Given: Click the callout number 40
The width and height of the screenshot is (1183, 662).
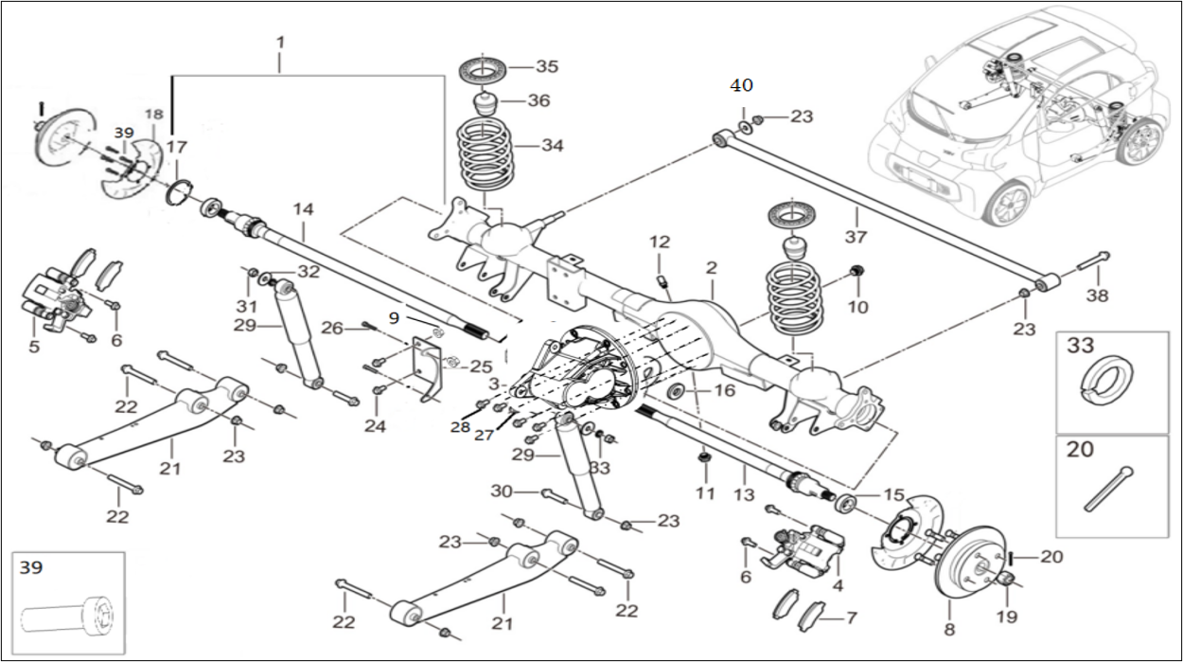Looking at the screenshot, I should [741, 85].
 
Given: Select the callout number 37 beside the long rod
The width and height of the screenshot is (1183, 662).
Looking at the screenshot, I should [856, 237].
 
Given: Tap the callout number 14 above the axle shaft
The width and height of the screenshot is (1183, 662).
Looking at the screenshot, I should [302, 208].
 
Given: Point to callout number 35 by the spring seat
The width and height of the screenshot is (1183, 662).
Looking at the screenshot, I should [547, 67].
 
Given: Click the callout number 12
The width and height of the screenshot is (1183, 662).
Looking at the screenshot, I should [659, 242].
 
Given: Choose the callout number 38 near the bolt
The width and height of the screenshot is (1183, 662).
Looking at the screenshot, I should [1096, 295].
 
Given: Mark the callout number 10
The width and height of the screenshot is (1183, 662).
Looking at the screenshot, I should [857, 307].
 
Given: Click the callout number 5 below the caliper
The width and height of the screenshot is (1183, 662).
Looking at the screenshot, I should [34, 347].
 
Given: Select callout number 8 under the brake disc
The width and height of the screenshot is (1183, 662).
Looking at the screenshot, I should [949, 629].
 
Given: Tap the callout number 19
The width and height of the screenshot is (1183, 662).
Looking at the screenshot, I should [1006, 617].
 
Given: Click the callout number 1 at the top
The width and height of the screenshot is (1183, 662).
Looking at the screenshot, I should [280, 43].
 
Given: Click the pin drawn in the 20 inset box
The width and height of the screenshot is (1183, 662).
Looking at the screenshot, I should [1110, 487].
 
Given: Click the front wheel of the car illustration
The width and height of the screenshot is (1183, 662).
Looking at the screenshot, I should [1012, 203].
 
